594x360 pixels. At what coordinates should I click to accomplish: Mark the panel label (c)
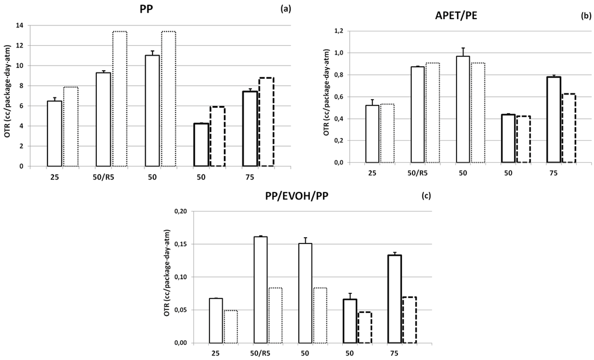click(426, 196)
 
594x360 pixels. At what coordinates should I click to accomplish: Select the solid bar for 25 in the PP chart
click(54, 134)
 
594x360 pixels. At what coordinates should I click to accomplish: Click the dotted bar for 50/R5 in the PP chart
click(119, 99)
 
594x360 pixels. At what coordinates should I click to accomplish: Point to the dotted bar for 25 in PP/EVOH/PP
click(230, 327)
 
